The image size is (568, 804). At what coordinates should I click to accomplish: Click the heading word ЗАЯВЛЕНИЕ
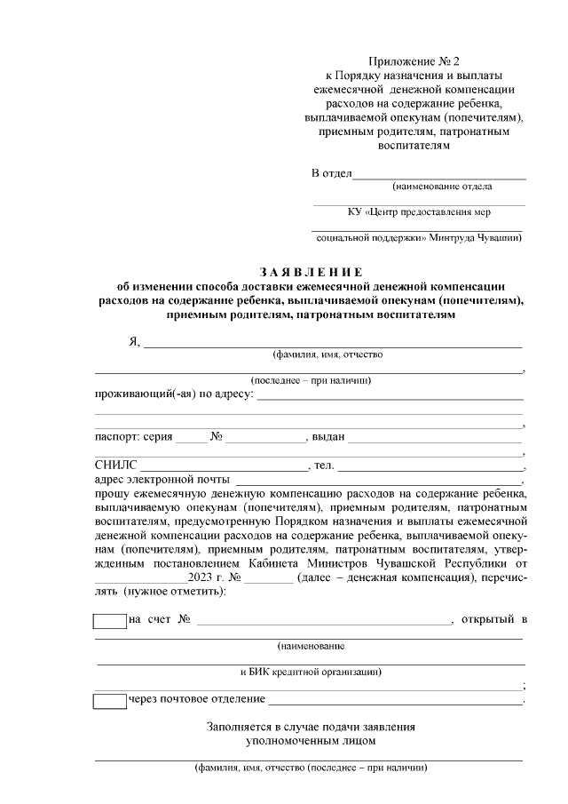[x=311, y=271]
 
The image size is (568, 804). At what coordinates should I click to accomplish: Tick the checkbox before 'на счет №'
[x=110, y=620]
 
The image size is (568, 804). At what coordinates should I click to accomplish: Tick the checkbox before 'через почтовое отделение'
[x=110, y=701]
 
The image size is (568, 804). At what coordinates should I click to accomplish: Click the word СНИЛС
[x=116, y=465]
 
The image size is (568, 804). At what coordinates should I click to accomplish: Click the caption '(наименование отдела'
[x=442, y=187]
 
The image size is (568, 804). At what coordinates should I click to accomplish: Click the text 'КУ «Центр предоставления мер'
[x=418, y=212]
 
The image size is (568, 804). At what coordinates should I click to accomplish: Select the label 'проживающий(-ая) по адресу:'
[x=174, y=394]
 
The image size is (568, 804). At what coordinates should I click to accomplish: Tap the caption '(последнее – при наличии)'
[x=310, y=380]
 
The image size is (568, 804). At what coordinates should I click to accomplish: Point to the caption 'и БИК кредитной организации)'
[x=311, y=671]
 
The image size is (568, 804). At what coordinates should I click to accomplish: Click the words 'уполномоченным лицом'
[x=311, y=740]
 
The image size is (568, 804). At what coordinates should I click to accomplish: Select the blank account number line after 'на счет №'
[x=324, y=620]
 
